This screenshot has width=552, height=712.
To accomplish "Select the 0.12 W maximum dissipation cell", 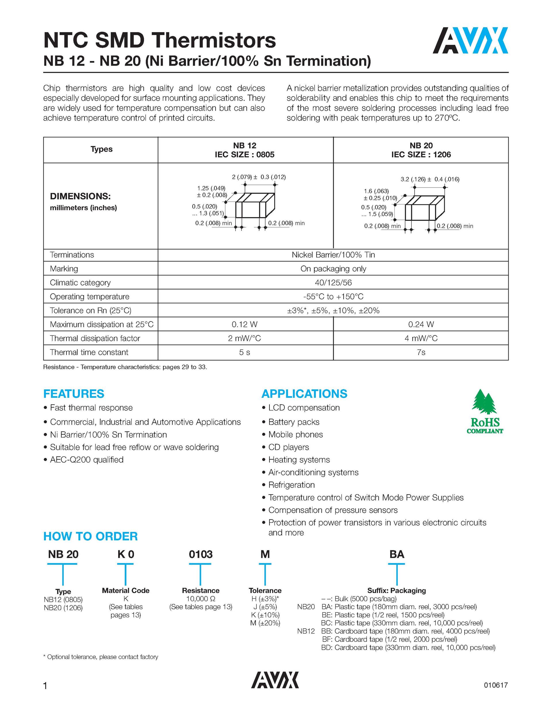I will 244,324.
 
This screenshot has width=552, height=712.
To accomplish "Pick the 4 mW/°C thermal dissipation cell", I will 421,338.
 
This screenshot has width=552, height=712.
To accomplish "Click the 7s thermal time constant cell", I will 421,353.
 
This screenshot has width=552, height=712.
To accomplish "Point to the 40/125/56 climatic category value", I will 333,283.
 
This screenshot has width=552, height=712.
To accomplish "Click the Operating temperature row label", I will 90,297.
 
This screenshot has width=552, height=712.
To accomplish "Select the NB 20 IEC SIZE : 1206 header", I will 421,150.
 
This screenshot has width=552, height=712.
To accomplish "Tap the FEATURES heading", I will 74,394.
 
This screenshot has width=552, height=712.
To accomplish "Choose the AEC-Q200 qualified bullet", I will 87,460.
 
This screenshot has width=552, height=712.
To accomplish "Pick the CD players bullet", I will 288,447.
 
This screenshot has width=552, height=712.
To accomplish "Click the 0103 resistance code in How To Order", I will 200,554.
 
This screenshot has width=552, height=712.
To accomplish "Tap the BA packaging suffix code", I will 396,554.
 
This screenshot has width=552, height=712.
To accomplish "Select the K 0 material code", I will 125,554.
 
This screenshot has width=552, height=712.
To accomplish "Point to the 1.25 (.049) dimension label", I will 211,188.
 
